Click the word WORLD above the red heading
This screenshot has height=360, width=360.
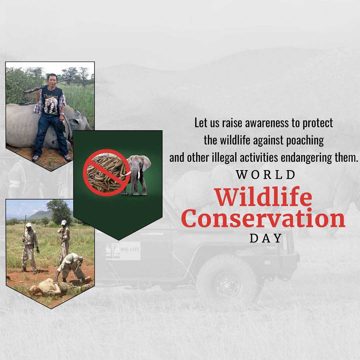point(265,175)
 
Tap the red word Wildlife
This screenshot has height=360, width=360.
point(263,197)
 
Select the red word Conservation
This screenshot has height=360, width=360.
point(263,218)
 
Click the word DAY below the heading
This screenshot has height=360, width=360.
point(266,238)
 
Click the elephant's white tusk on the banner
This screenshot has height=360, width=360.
point(139,174)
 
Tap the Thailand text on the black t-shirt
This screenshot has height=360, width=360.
point(51,96)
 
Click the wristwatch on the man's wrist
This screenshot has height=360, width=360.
point(62,114)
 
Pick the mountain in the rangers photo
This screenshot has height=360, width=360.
point(40,215)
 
